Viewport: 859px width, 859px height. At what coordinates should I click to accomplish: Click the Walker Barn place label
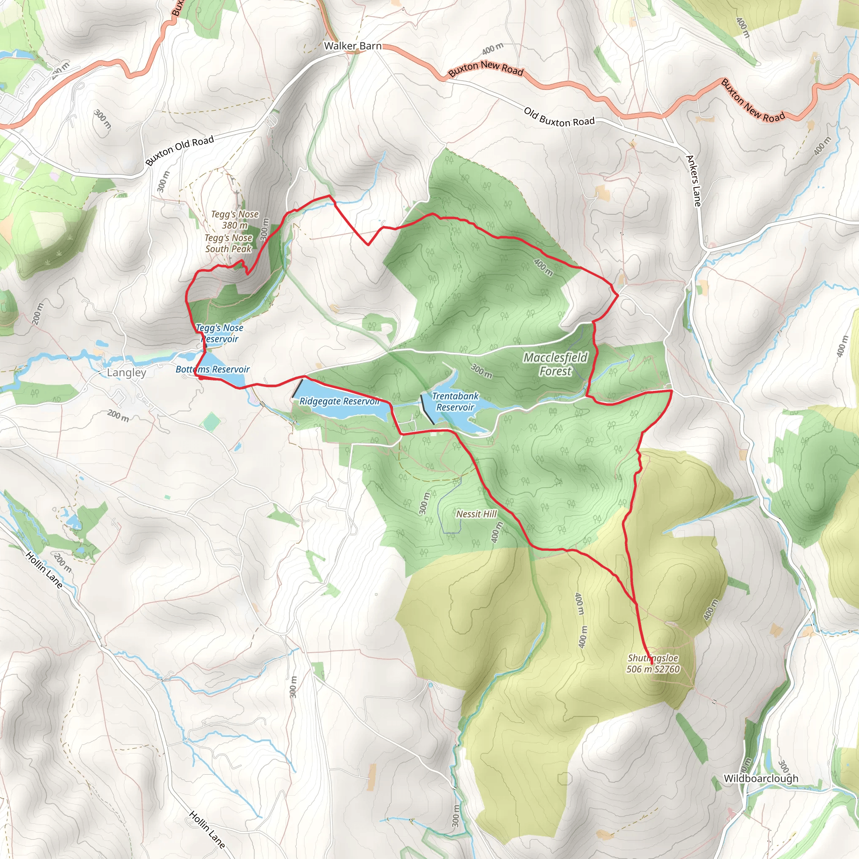[353, 46]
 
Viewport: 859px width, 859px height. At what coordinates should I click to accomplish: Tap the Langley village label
[126, 372]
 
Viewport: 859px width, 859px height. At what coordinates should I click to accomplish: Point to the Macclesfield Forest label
[555, 364]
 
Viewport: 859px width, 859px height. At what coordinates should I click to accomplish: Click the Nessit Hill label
[476, 514]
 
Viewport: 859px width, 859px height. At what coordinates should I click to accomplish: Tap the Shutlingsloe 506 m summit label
[653, 664]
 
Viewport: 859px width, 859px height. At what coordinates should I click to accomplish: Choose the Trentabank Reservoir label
[455, 401]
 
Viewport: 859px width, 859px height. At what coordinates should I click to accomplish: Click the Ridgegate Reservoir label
[339, 401]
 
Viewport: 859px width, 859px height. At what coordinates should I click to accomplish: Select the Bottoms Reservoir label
[213, 369]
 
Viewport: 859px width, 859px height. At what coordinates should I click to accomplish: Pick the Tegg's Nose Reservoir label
[220, 333]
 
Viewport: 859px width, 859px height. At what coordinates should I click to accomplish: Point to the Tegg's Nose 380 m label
[235, 220]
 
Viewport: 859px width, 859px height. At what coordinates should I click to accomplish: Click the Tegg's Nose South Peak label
[229, 243]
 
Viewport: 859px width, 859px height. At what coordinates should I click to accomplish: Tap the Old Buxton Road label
[559, 117]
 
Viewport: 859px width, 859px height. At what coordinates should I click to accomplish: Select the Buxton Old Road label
[180, 150]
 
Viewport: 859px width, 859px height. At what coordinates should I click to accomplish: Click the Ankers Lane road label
[693, 180]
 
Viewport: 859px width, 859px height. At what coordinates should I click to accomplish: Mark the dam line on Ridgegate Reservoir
[297, 388]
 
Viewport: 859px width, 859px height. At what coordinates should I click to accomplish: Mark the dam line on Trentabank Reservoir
[427, 409]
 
